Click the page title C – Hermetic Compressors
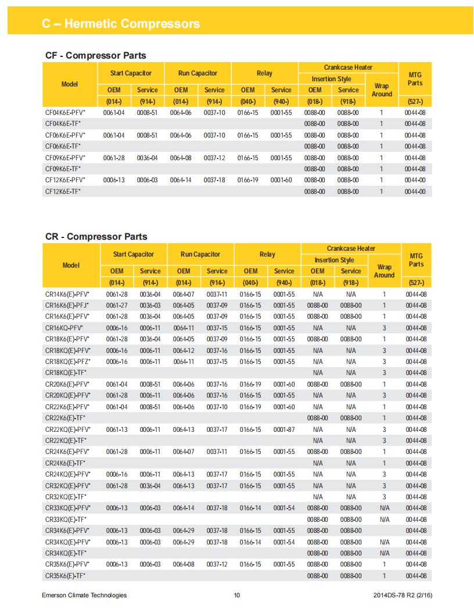[x=121, y=24]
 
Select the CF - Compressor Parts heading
[x=96, y=56]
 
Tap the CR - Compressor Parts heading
[x=96, y=237]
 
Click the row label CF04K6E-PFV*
[x=65, y=113]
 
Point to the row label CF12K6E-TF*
[x=63, y=192]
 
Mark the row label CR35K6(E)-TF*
[x=65, y=576]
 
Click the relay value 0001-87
[x=284, y=430]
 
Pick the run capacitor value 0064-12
[x=184, y=351]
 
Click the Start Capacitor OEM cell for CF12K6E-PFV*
[x=114, y=180]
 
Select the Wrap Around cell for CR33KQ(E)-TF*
[x=384, y=520]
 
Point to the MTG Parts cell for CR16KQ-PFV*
[x=416, y=328]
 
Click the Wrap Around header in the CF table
[x=382, y=90]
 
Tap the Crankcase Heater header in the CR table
[x=351, y=248]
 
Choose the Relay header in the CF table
[x=264, y=73]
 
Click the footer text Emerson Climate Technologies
[x=84, y=595]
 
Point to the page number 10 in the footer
[x=236, y=595]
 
